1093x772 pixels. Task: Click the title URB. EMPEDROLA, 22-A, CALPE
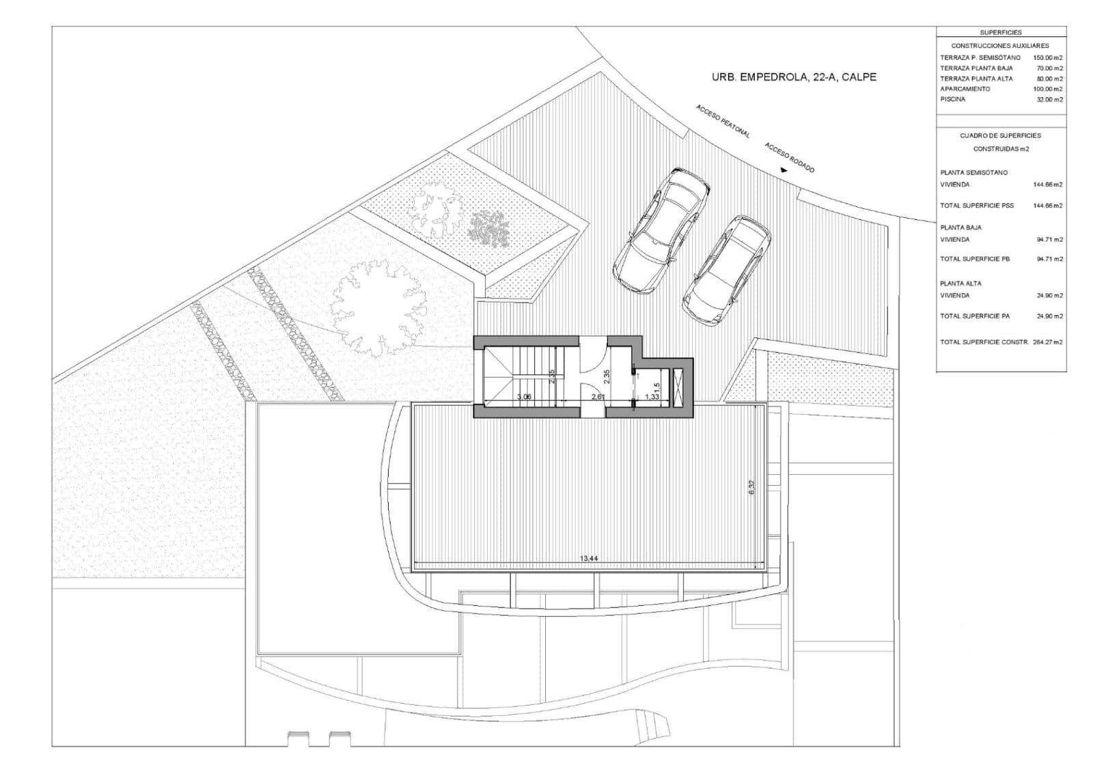[794, 78]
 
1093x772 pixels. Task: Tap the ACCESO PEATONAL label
[723, 122]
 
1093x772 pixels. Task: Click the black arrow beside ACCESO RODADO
[784, 171]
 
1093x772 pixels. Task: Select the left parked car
[662, 230]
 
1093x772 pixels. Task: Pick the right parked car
[726, 268]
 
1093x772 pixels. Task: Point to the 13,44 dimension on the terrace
[589, 558]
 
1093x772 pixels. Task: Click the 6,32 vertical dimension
[751, 487]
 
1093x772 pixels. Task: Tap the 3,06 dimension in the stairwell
[524, 397]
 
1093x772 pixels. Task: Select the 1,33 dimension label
[652, 397]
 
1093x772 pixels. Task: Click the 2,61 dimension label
[597, 397]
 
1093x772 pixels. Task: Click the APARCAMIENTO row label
[965, 89]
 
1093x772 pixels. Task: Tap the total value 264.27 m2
[1049, 342]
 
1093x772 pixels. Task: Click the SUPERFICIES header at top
[1000, 33]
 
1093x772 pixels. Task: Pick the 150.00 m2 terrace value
[1048, 58]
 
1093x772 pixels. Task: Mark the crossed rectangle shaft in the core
[678, 387]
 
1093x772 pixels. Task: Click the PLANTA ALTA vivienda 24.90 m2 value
[1050, 296]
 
